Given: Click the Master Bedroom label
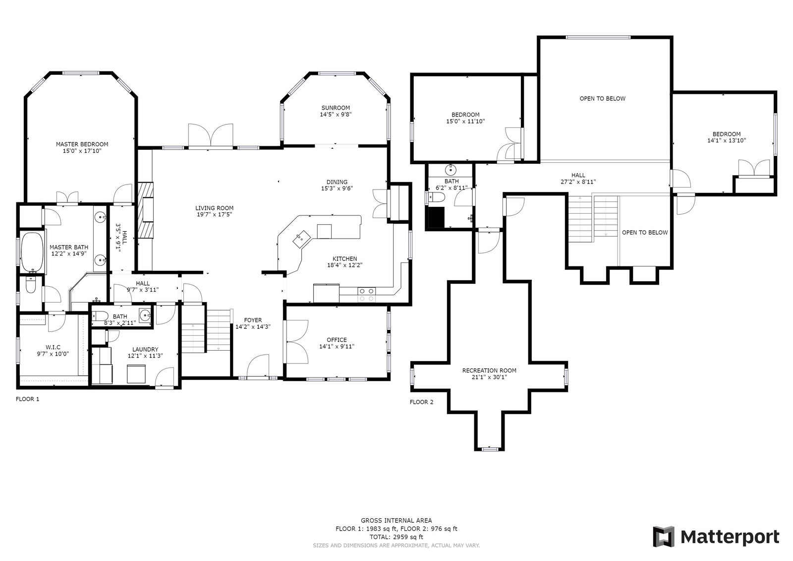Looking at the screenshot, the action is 82,144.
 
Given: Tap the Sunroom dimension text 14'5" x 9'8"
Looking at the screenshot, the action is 336,115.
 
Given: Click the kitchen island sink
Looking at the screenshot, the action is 302,239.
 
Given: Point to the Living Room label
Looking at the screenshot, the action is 214,208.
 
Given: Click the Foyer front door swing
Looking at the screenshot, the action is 257,366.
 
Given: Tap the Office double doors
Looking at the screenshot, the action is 297,342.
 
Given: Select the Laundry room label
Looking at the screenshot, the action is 145,349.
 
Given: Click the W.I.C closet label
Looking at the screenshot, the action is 53,347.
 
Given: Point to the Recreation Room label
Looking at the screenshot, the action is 489,371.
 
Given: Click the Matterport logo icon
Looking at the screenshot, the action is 664,537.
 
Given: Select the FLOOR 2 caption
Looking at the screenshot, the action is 421,402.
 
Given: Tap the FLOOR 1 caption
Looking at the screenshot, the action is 27,399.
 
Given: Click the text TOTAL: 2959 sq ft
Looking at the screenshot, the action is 396,537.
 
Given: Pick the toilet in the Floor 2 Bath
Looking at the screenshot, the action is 436,197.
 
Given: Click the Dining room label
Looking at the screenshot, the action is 337,182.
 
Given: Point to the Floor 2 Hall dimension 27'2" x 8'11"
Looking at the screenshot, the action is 578,182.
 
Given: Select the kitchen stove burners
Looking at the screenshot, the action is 366,295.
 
